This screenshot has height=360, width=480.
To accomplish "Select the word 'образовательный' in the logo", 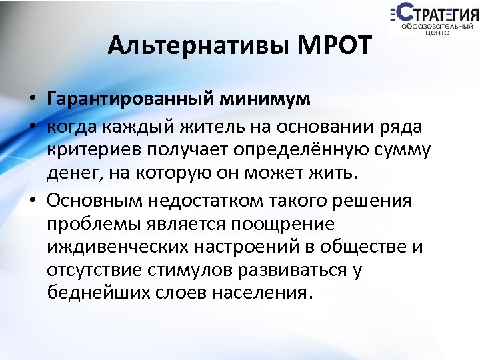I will pyautogui.click(x=437, y=25).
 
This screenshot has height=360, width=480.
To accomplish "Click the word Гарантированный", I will pyautogui.click(x=130, y=99).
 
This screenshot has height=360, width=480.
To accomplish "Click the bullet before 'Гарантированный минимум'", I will pyautogui.click(x=32, y=100).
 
